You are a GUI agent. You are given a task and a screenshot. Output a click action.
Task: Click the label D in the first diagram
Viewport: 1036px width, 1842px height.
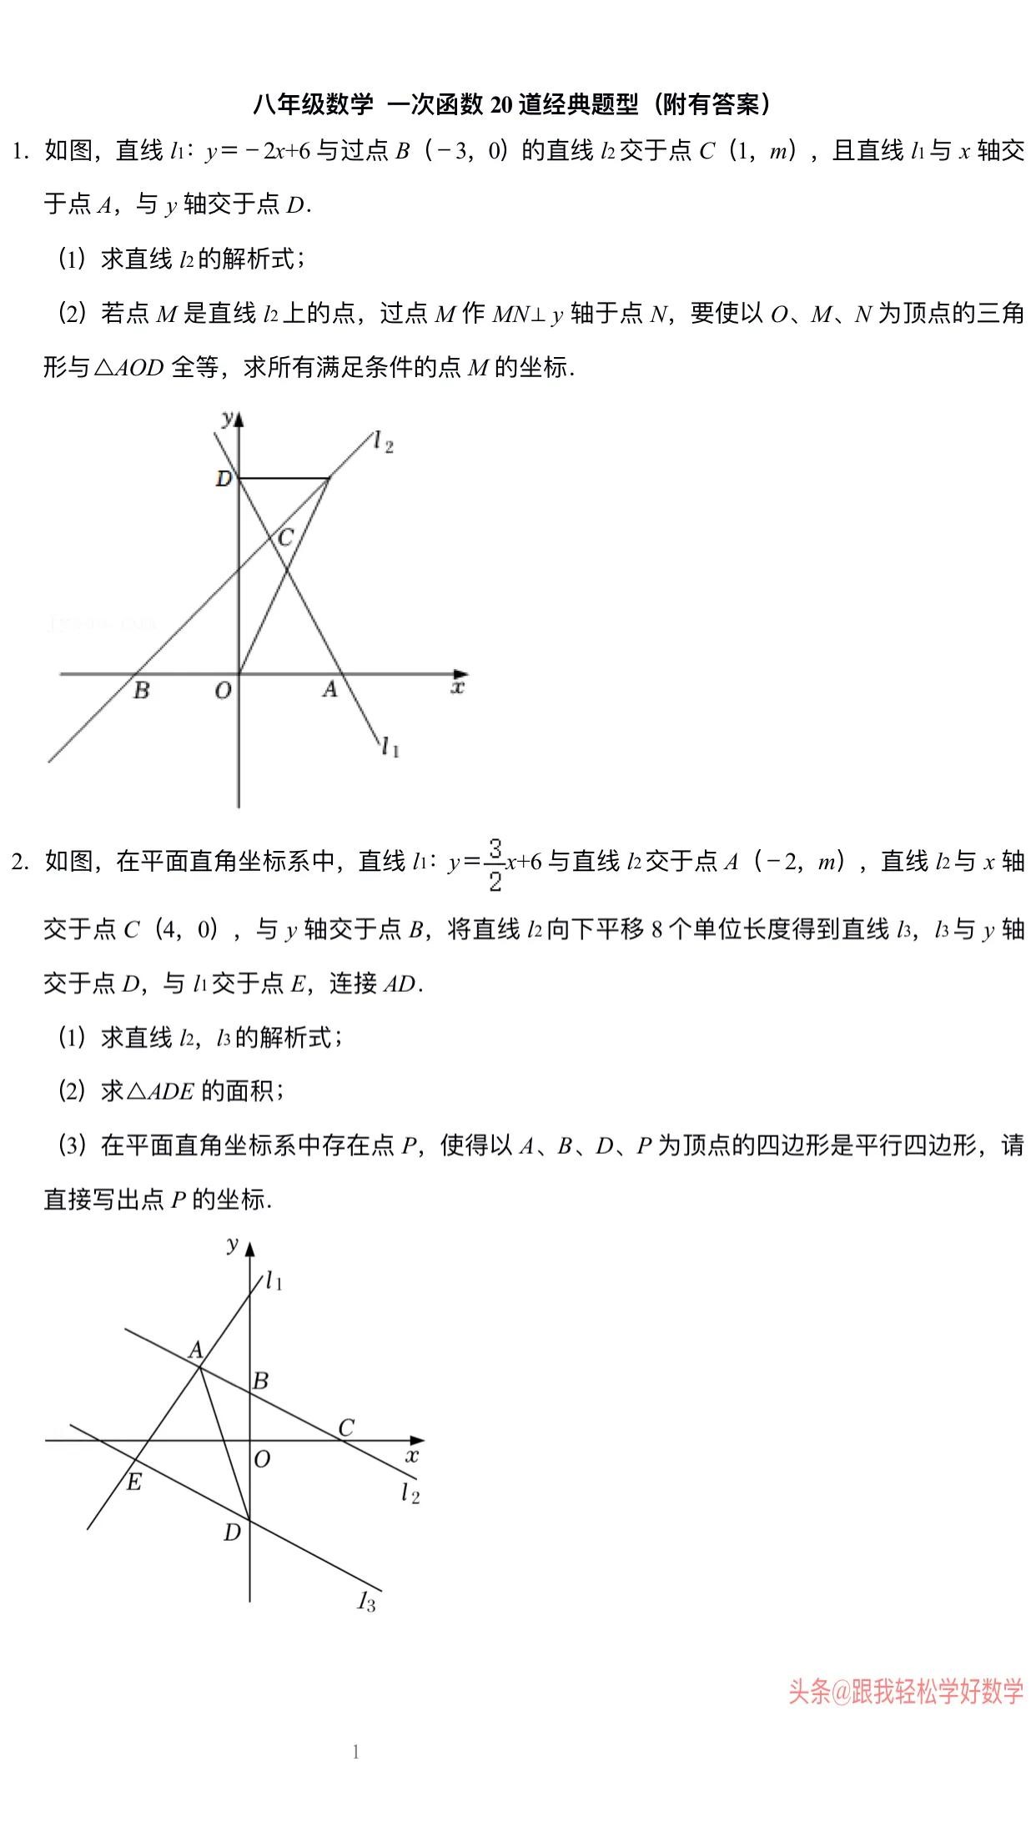coord(223,479)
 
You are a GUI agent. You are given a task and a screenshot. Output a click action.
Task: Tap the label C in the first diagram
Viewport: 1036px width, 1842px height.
coord(285,538)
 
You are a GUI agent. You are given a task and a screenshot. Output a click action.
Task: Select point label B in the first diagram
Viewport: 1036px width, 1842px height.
coord(142,691)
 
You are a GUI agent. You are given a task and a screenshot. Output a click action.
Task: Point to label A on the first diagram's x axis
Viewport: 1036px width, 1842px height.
coord(330,690)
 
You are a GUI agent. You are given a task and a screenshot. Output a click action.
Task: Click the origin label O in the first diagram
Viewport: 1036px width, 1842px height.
coord(223,692)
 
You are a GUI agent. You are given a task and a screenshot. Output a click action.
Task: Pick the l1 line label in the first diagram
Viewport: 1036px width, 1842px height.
coord(390,747)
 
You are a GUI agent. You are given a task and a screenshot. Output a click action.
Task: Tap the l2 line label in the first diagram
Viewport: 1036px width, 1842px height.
coord(383,441)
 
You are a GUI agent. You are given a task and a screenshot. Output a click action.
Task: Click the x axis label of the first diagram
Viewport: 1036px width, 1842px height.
coord(457,687)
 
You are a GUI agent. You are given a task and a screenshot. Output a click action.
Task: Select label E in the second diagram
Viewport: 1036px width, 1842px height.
coord(133,1482)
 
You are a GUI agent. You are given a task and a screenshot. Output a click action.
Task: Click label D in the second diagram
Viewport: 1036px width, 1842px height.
coord(232,1532)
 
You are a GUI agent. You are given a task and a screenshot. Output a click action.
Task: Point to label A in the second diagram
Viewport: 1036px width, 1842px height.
coord(196,1350)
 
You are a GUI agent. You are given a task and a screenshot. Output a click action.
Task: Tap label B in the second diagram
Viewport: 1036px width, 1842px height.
coord(260,1381)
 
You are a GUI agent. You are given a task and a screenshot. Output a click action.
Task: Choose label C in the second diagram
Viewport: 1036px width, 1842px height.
coord(346,1427)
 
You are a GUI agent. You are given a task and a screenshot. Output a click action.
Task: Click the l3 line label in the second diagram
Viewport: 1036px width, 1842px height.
coord(367,1601)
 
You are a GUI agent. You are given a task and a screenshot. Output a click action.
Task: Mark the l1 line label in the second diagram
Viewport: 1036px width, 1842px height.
coord(274,1281)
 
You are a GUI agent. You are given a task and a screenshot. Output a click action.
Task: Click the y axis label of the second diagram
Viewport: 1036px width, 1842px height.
coord(233,1245)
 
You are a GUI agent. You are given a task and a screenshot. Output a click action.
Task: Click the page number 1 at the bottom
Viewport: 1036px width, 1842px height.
coord(356,1752)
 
